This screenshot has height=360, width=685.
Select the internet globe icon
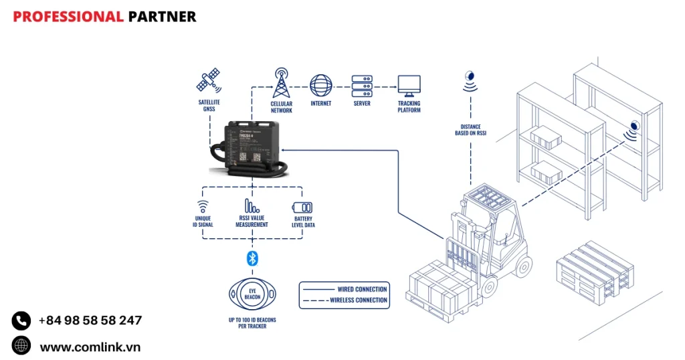[x=321, y=85]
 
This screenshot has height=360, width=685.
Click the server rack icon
[x=362, y=85]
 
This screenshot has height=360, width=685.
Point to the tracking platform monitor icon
[x=409, y=85]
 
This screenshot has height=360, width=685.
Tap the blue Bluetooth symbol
[x=252, y=258]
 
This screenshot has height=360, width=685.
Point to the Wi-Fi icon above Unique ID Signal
[x=203, y=207]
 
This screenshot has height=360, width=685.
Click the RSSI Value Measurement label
[x=252, y=221]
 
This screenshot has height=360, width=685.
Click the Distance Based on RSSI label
[x=470, y=130]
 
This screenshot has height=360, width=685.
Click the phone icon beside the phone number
[x=21, y=321]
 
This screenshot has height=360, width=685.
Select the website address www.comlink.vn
[x=90, y=347]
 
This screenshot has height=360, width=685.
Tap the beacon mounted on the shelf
[x=633, y=126]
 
